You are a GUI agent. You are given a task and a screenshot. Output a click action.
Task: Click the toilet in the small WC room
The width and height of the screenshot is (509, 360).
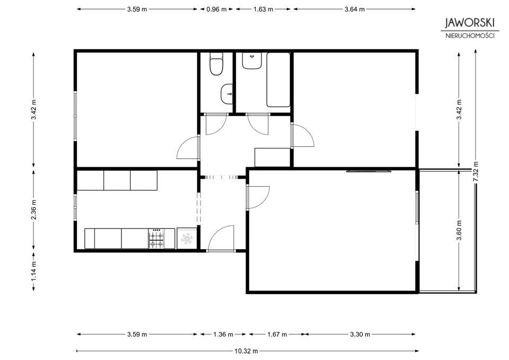(x=216, y=64)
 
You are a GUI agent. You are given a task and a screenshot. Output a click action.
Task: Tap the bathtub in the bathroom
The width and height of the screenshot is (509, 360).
(x=278, y=80)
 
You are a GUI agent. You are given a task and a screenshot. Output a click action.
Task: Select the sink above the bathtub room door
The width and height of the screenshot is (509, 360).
(x=252, y=60)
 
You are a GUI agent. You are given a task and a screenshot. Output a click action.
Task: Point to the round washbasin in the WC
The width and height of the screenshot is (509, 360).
(x=226, y=94)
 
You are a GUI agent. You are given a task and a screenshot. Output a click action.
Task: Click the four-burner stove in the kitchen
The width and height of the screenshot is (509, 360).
(x=156, y=239)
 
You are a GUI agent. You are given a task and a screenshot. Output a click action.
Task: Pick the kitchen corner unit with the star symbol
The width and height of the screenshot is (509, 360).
(x=187, y=239)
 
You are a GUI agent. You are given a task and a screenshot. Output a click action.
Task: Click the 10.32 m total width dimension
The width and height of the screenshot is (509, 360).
(x=246, y=351)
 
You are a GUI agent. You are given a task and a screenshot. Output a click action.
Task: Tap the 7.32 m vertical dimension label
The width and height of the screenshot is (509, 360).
(x=476, y=172)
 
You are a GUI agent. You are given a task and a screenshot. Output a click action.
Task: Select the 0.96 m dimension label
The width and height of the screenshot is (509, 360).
(x=216, y=10)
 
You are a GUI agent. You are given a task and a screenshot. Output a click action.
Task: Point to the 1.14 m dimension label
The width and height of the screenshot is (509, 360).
(x=33, y=271)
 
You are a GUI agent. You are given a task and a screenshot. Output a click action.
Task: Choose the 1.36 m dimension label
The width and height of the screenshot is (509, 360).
(x=223, y=334)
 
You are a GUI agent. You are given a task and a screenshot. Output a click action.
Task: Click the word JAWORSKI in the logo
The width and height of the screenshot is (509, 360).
(x=470, y=22)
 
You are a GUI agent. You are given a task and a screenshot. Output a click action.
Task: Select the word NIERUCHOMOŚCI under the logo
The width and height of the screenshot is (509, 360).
(x=470, y=36)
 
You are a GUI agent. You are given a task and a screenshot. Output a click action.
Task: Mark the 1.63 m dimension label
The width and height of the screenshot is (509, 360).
(x=264, y=10)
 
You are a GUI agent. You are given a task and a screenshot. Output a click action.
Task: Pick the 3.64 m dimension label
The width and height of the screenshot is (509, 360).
(x=355, y=10)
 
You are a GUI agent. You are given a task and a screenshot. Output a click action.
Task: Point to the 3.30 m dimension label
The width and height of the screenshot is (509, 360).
(x=360, y=334)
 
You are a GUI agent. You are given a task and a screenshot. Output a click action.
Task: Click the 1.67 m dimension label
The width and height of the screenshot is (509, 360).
(x=277, y=334)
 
